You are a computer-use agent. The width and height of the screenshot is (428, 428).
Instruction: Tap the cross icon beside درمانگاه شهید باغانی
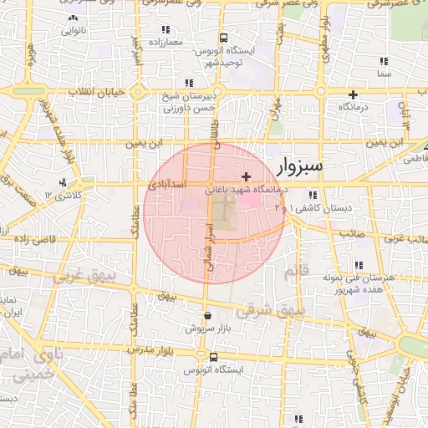(245, 176)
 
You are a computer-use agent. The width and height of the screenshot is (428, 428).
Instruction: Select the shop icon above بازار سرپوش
(207, 317)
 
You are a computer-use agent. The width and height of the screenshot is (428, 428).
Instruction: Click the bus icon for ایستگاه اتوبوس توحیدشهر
(223, 38)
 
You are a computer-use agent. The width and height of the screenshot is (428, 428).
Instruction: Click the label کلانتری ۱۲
(64, 195)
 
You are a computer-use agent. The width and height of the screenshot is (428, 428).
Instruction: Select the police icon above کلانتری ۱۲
(64, 182)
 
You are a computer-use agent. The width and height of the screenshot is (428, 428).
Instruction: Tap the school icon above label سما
(384, 61)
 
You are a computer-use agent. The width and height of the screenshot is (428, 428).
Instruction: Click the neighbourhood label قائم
(297, 272)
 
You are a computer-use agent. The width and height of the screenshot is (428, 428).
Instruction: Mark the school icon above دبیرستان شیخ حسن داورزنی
(190, 83)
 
